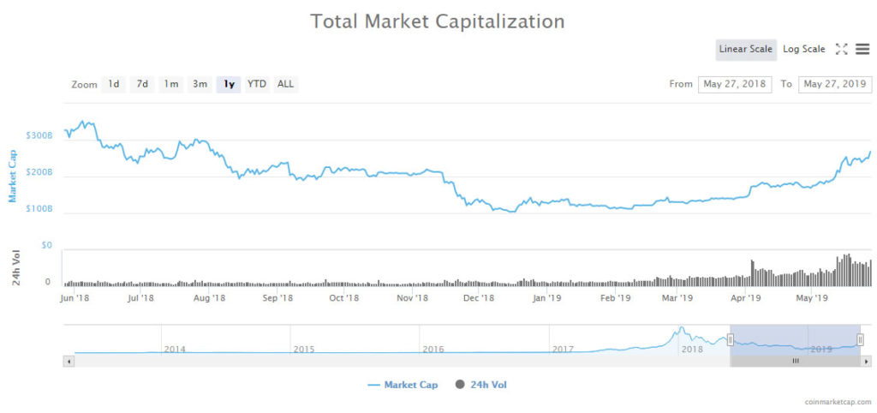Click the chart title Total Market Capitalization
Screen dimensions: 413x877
pyautogui.click(x=438, y=21)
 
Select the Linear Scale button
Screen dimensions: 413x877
pyautogui.click(x=745, y=49)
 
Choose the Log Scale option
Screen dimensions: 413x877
pyautogui.click(x=803, y=49)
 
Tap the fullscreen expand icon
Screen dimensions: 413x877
pyautogui.click(x=841, y=49)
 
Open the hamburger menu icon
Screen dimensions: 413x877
pyautogui.click(x=862, y=49)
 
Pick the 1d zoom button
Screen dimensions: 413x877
pyautogui.click(x=113, y=84)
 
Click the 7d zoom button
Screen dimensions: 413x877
pyautogui.click(x=142, y=84)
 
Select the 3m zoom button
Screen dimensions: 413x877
pyautogui.click(x=200, y=84)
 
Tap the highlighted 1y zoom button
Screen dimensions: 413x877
pyautogui.click(x=228, y=84)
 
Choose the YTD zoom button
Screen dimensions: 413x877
pyautogui.click(x=256, y=84)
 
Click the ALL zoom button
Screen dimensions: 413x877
pyautogui.click(x=285, y=84)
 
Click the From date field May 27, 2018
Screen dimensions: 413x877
pyautogui.click(x=734, y=84)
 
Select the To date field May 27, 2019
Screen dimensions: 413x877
pyautogui.click(x=834, y=84)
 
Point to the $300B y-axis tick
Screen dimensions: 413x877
pyautogui.click(x=39, y=135)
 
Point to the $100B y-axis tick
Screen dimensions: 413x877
pyautogui.click(x=39, y=208)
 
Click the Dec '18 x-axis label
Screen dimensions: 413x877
pyautogui.click(x=478, y=298)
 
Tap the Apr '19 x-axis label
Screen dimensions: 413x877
pyautogui.click(x=745, y=298)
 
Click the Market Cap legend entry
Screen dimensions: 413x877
pyautogui.click(x=403, y=385)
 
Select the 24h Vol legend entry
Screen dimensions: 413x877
pyautogui.click(x=481, y=385)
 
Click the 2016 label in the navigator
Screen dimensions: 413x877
pyautogui.click(x=433, y=349)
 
